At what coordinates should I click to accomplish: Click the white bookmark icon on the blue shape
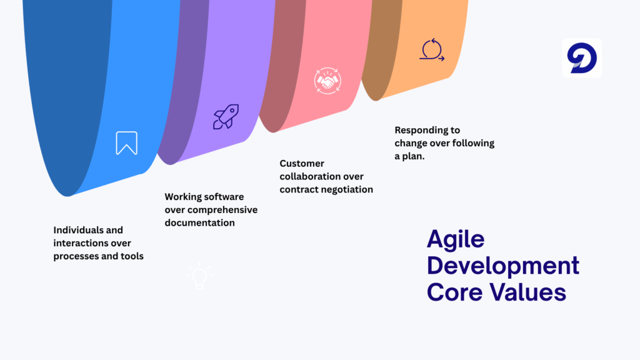(126, 143)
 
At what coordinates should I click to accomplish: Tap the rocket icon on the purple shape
(226, 117)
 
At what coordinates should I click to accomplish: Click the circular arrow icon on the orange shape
(432, 50)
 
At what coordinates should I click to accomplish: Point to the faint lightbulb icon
(199, 276)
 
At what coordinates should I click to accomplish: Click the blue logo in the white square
(582, 58)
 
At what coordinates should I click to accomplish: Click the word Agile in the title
(456, 239)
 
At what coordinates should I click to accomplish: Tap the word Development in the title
(503, 265)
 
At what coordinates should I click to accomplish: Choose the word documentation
(200, 222)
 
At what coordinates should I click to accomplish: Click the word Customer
(302, 163)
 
